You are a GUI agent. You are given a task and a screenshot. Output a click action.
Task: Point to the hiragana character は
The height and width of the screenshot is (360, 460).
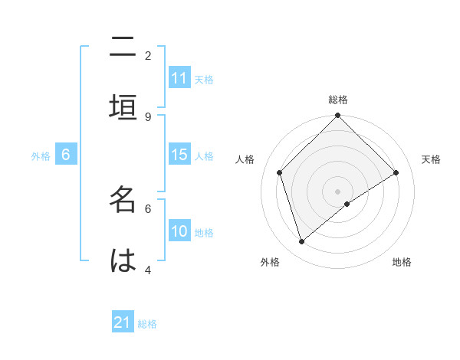123,260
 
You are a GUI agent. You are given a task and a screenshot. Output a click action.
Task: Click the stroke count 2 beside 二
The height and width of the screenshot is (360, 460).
148,56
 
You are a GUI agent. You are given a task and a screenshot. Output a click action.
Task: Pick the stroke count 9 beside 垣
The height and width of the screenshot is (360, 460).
148,116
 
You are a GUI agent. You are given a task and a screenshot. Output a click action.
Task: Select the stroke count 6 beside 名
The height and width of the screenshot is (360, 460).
148,208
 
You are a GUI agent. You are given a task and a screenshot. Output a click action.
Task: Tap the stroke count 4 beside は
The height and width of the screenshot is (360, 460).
148,270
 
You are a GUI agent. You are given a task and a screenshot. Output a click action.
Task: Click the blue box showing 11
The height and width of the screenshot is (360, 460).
179,78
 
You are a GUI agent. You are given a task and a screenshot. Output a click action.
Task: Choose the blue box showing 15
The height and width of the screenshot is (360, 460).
179,155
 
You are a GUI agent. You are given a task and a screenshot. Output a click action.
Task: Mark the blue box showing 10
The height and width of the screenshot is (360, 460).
179,231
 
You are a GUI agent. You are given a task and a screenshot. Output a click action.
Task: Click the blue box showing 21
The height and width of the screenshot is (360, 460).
123,322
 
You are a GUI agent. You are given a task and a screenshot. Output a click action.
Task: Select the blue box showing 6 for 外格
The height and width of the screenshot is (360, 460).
66,155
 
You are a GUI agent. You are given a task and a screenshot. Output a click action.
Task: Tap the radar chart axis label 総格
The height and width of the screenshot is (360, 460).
338,100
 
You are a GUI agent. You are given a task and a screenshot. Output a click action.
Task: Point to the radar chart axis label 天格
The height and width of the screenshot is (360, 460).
431,159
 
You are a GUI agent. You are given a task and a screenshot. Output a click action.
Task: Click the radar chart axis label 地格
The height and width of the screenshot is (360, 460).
402,262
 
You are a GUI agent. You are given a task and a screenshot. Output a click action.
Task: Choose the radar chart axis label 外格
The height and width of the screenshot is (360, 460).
270,262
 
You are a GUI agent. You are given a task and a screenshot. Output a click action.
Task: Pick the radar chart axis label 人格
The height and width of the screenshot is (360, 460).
245,159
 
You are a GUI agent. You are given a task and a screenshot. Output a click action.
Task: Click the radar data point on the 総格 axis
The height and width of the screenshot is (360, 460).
338,116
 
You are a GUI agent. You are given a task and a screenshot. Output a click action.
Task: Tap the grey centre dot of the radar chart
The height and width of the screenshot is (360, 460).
338,191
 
